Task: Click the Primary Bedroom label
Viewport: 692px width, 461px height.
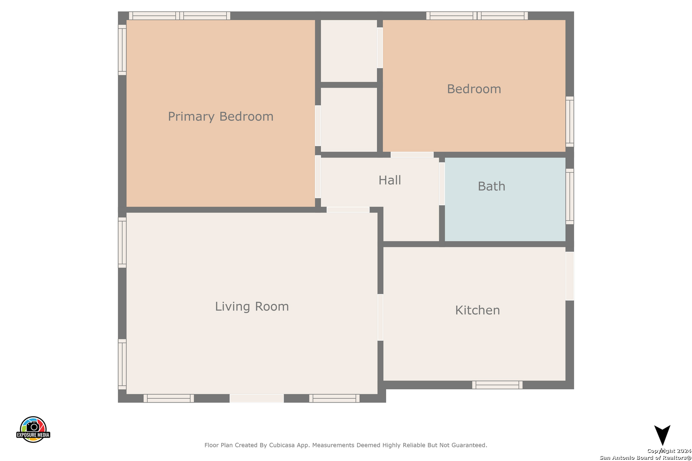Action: click(220, 117)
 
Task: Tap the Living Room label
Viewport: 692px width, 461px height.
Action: click(252, 306)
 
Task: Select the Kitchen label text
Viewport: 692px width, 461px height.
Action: click(477, 310)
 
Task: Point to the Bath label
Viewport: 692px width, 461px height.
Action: click(491, 186)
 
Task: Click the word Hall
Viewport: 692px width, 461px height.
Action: click(390, 180)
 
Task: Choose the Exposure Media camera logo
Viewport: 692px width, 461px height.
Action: click(33, 429)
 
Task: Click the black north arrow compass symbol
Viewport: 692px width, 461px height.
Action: click(662, 435)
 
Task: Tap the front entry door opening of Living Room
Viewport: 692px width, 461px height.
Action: click(256, 398)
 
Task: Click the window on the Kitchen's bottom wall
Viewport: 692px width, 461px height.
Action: click(497, 385)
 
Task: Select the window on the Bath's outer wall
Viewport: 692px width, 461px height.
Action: click(570, 196)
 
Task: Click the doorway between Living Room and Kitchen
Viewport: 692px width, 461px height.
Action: click(380, 318)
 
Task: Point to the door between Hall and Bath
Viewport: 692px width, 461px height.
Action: click(442, 184)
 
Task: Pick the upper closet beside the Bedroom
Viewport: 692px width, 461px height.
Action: click(349, 51)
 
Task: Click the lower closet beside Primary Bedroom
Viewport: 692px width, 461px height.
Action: click(349, 120)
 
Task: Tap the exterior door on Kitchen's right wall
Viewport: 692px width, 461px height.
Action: click(570, 276)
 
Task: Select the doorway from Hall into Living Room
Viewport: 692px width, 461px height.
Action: click(348, 210)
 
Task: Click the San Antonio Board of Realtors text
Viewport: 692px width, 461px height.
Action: click(645, 458)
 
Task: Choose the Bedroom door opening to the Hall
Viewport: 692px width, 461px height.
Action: click(412, 155)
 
